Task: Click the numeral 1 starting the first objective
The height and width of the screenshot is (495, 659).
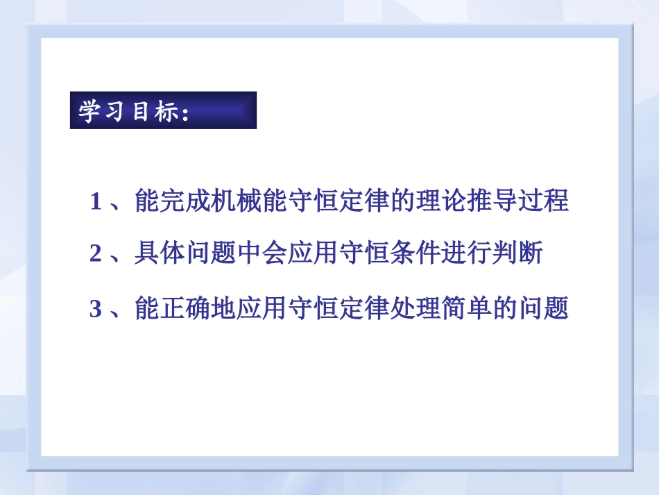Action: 96,203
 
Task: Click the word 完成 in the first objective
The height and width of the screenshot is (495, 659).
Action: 186,202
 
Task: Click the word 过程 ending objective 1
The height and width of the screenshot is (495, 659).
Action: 543,202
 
